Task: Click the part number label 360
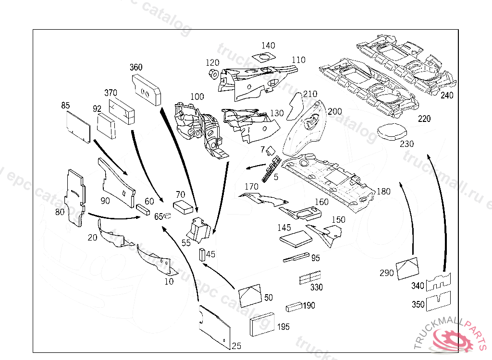[136, 67]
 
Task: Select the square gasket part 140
[264, 58]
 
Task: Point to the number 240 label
[447, 96]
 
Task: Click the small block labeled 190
[294, 306]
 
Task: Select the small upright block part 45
[202, 254]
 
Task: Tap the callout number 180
[383, 191]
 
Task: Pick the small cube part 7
[270, 151]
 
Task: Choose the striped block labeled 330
[309, 278]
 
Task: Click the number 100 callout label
[197, 96]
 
